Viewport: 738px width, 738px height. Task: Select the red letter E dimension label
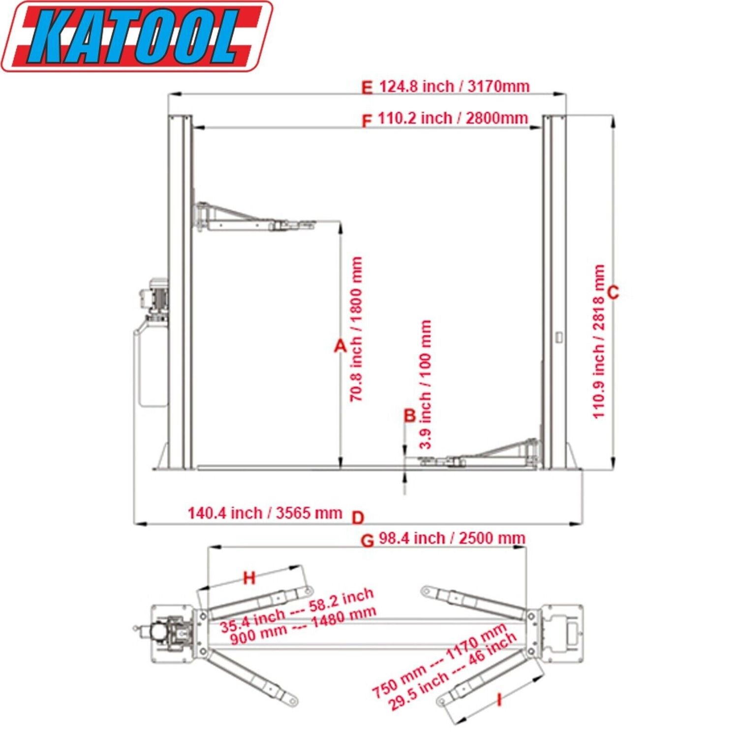pyautogui.click(x=367, y=88)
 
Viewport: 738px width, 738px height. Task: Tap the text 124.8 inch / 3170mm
pyautogui.click(x=454, y=87)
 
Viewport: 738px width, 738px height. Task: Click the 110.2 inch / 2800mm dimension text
pyautogui.click(x=453, y=119)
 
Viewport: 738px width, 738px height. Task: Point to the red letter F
pyautogui.click(x=367, y=121)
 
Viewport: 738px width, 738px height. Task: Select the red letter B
pyautogui.click(x=410, y=416)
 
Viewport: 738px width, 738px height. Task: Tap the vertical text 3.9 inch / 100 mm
pyautogui.click(x=426, y=384)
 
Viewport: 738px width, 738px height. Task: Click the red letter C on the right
pyautogui.click(x=613, y=293)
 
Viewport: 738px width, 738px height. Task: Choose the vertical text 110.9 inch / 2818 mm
pyautogui.click(x=598, y=341)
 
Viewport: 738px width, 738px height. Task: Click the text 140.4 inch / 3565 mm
pyautogui.click(x=265, y=513)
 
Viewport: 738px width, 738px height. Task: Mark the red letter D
pyautogui.click(x=358, y=518)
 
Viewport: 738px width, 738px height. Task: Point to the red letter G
pyautogui.click(x=368, y=541)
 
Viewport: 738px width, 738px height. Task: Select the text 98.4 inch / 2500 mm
pyautogui.click(x=452, y=538)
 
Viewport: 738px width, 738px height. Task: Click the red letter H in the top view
pyautogui.click(x=250, y=578)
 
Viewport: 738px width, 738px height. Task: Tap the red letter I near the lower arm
pyautogui.click(x=499, y=699)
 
